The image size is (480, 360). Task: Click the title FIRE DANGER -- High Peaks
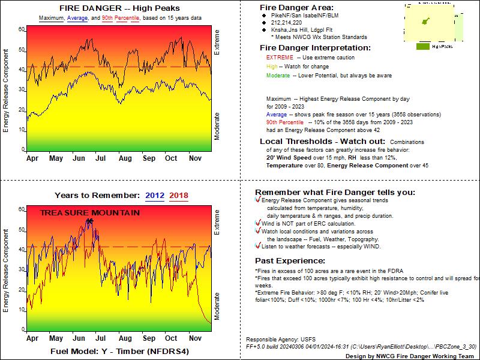(x=120, y=8)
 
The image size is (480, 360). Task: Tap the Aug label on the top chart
(x=125, y=158)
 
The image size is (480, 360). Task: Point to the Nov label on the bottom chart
(x=194, y=338)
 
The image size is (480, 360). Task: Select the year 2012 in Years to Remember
(x=154, y=195)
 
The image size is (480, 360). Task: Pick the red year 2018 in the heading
(x=178, y=195)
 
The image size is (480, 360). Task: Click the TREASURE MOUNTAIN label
(x=90, y=213)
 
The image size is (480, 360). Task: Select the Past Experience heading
(x=290, y=261)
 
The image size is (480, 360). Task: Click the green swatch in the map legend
(x=422, y=46)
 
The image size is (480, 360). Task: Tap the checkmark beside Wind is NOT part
(x=257, y=223)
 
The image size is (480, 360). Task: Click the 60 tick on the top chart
(x=21, y=29)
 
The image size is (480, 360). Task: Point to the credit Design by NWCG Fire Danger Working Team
(x=414, y=355)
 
